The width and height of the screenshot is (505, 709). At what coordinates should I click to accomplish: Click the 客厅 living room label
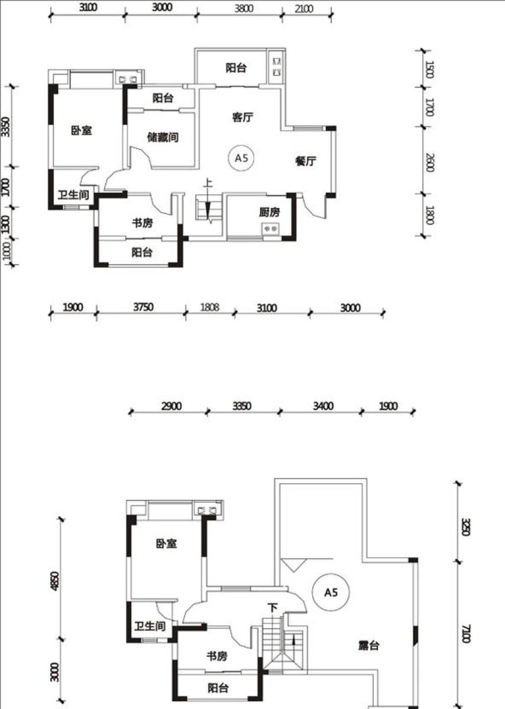tap(242, 118)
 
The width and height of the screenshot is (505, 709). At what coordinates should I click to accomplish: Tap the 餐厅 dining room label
tap(306, 161)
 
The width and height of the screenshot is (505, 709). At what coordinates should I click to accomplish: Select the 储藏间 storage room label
tap(163, 137)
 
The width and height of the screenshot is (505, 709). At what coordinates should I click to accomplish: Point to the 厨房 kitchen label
tap(270, 212)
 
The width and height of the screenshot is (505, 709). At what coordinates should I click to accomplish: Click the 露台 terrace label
tap(369, 646)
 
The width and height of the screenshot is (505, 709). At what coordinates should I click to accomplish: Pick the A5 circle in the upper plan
tap(241, 158)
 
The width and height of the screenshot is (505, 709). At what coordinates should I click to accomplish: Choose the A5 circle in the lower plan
tap(331, 593)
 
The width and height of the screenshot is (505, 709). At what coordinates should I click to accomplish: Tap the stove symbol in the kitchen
tap(270, 229)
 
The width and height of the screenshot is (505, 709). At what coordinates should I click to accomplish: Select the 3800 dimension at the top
tap(244, 8)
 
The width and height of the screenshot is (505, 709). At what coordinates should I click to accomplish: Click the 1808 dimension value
tap(210, 307)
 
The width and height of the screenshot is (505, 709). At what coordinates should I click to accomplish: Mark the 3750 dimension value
tap(143, 307)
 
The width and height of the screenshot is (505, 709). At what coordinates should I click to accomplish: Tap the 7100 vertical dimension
tap(466, 633)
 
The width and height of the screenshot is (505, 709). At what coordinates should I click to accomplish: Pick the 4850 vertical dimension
tap(55, 581)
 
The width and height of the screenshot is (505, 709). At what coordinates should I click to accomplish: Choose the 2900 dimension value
tap(171, 406)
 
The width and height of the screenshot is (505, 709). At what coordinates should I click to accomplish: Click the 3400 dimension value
tap(323, 406)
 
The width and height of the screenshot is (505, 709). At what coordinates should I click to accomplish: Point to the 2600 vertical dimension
tap(430, 162)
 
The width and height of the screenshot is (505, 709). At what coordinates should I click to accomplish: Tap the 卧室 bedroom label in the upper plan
tap(82, 131)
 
